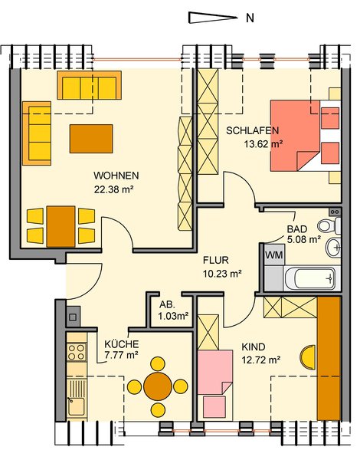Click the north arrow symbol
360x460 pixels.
click(x=212, y=18)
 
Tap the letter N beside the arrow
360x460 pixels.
click(x=250, y=18)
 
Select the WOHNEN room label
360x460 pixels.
click(x=116, y=176)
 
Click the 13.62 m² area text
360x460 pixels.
click(x=263, y=144)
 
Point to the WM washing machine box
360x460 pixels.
click(x=273, y=255)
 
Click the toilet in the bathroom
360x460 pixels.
click(x=329, y=226)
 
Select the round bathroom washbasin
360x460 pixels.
click(x=333, y=248)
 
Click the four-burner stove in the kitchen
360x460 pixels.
click(x=77, y=352)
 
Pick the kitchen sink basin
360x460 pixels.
click(x=76, y=406)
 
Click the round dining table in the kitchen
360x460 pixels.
click(x=158, y=386)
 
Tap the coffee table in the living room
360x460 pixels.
click(x=91, y=139)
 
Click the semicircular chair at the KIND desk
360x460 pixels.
click(x=308, y=357)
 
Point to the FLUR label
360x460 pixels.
click(x=216, y=260)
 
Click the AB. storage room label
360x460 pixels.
click(x=167, y=305)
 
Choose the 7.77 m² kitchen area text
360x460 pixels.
click(x=121, y=355)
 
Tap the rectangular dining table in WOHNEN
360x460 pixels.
click(x=61, y=226)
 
